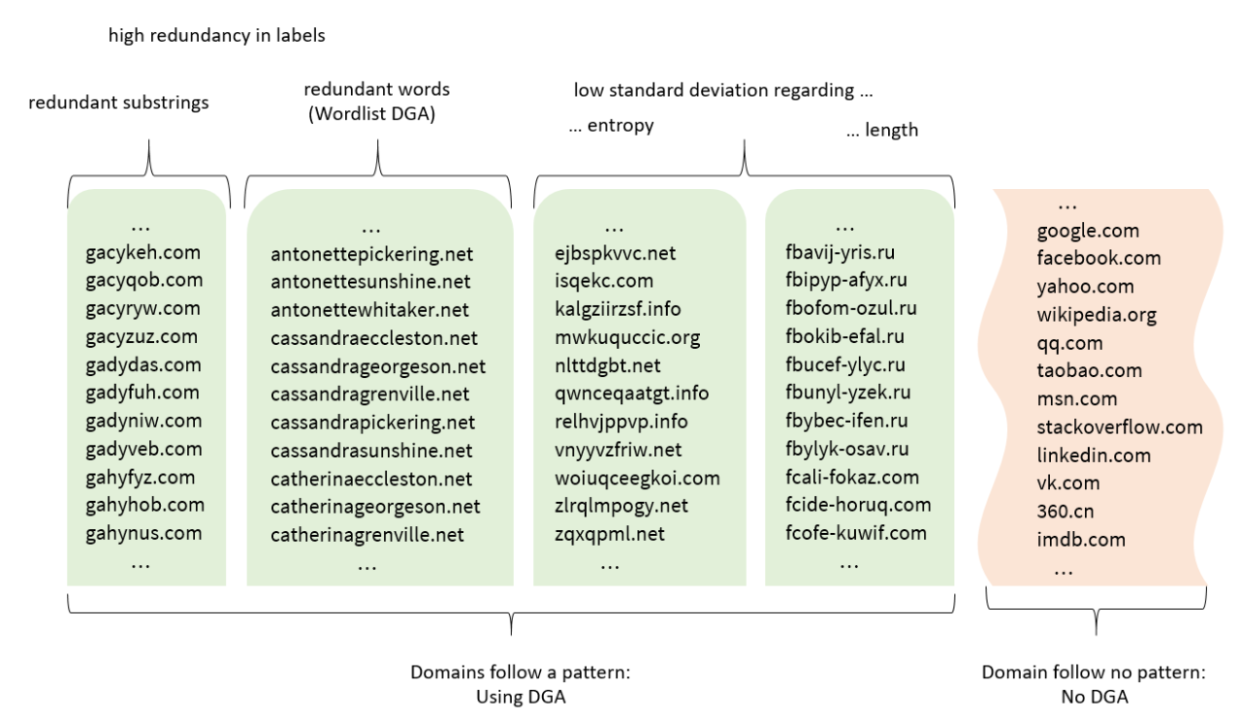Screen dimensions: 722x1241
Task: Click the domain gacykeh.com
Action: pyautogui.click(x=143, y=253)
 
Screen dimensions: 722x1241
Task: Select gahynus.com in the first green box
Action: pyautogui.click(x=143, y=533)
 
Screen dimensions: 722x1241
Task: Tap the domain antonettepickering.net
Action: pyautogui.click(x=371, y=255)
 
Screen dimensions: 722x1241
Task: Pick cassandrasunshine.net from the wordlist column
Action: pyautogui.click(x=371, y=451)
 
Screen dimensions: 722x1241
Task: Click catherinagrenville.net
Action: pyautogui.click(x=366, y=535)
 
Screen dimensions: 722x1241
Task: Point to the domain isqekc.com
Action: pyautogui.click(x=603, y=281)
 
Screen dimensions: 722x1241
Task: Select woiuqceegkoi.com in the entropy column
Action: pyautogui.click(x=637, y=479)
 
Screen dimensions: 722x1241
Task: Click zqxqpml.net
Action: pyautogui.click(x=609, y=534)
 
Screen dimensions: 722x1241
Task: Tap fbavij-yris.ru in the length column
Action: pyautogui.click(x=840, y=253)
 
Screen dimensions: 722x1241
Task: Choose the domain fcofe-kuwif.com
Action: pyautogui.click(x=856, y=532)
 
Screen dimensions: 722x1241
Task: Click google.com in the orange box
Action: pyautogui.click(x=1088, y=231)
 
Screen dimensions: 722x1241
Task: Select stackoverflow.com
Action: pyautogui.click(x=1120, y=426)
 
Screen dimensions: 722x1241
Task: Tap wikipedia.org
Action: pyautogui.click(x=1097, y=315)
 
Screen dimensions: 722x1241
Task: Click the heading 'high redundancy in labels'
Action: pyautogui.click(x=216, y=36)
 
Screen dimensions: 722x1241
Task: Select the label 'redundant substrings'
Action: pyautogui.click(x=118, y=103)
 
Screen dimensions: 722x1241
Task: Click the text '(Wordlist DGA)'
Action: pyautogui.click(x=377, y=112)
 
